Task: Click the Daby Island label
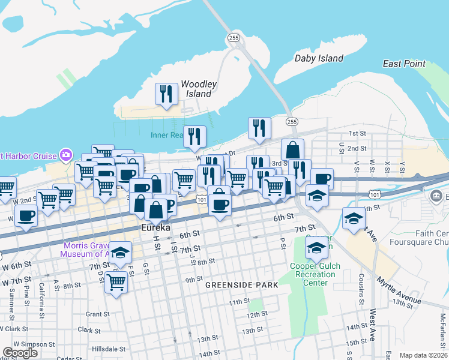[319, 58]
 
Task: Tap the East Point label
[404, 64]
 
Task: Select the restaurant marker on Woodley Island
[166, 94]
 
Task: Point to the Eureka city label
[157, 228]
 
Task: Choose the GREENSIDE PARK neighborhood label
[242, 285]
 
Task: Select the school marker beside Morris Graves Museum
[121, 253]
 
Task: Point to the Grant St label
[96, 314]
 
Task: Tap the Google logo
[20, 353]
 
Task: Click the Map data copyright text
[423, 355]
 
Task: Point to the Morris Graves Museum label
[86, 250]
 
